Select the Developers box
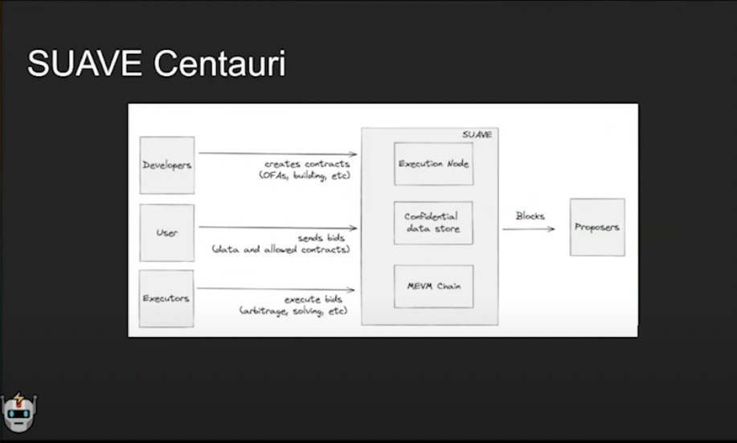pos(167,165)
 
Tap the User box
pos(167,232)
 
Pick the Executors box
pos(166,298)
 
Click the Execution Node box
pos(433,164)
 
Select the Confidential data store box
pos(432,223)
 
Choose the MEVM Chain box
pos(433,286)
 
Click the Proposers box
pos(597,227)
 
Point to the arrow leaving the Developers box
pos(277,154)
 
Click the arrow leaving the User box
pos(277,228)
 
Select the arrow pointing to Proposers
pos(528,229)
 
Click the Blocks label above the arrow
pos(530,215)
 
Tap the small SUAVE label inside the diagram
pos(477,134)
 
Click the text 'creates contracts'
pos(307,164)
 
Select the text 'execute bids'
pos(317,299)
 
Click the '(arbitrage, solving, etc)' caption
pos(293,310)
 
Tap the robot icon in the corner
pos(18,413)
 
